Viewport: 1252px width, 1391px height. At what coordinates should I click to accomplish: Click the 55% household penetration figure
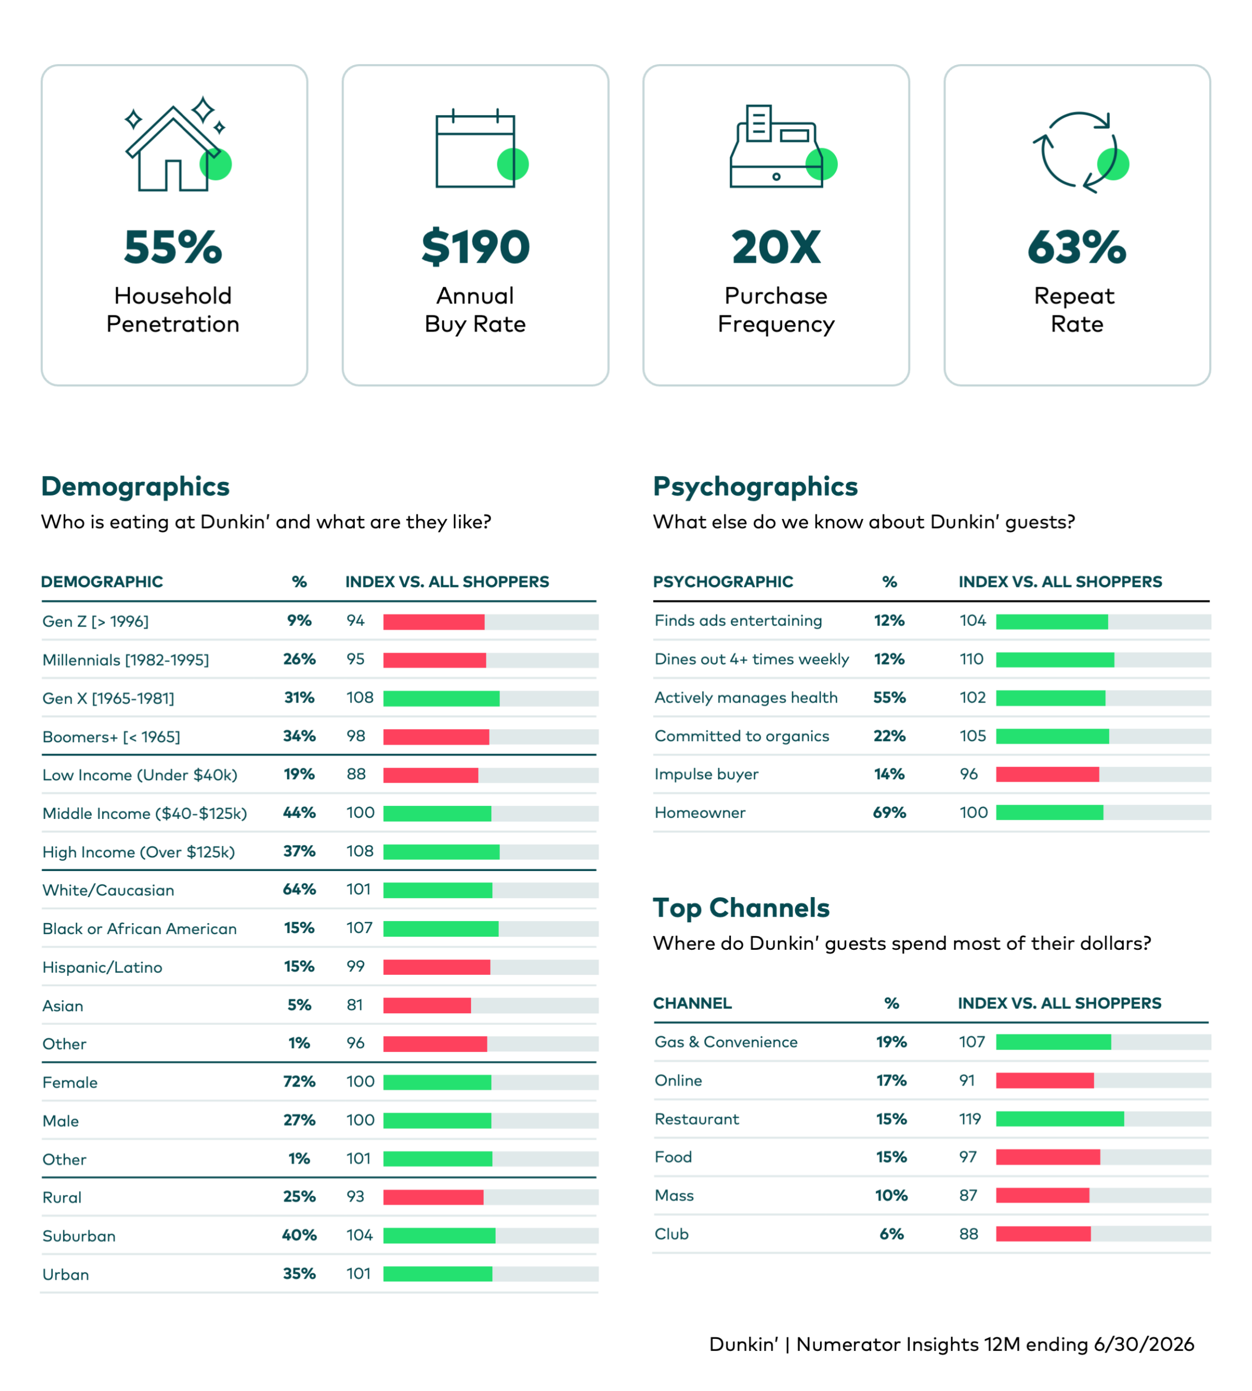[173, 247]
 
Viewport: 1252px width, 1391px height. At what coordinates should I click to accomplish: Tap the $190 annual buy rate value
[475, 247]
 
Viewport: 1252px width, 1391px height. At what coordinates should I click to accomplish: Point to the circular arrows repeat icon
[1080, 152]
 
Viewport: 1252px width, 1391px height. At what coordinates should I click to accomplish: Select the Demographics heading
[135, 486]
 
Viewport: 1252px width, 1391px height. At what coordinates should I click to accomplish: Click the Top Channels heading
[741, 908]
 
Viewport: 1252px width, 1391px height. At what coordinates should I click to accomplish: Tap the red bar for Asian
[427, 1005]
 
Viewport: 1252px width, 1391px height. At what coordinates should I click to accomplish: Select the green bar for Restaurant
[1060, 1119]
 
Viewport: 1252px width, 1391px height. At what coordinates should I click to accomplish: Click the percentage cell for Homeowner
[890, 812]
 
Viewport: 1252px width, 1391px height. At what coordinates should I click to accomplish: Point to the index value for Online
[967, 1080]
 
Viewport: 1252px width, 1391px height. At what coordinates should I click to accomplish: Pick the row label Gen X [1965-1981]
[109, 698]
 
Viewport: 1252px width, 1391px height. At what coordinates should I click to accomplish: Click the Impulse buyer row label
[706, 775]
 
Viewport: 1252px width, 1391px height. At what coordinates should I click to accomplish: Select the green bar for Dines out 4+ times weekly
[1055, 660]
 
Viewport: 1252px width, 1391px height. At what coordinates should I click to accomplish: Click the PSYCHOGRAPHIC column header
[723, 582]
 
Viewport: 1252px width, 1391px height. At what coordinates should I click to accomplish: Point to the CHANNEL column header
[692, 1003]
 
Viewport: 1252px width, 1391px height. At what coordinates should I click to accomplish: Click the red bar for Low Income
[430, 775]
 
